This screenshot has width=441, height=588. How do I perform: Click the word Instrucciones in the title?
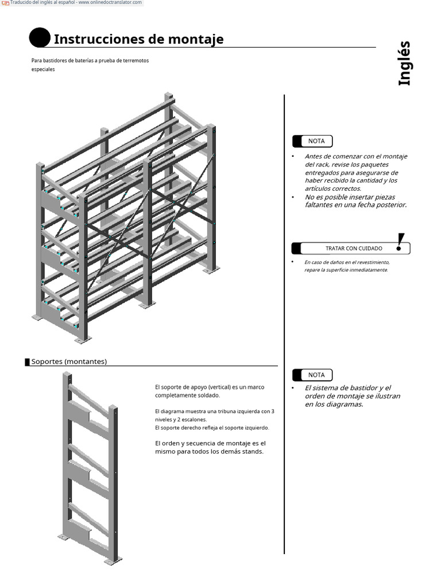click(x=95, y=40)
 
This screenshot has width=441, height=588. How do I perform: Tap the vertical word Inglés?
click(x=405, y=63)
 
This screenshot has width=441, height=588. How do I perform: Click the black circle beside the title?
click(x=39, y=38)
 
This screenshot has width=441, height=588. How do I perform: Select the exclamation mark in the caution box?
click(x=400, y=242)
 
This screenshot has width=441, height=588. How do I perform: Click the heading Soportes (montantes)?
click(x=69, y=362)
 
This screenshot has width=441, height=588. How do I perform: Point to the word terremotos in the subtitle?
click(x=136, y=61)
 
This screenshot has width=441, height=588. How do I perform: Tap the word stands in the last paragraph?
click(x=252, y=451)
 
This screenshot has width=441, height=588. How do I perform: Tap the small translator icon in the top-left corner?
click(x=5, y=3)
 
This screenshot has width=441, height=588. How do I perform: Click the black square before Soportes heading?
click(x=27, y=362)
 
